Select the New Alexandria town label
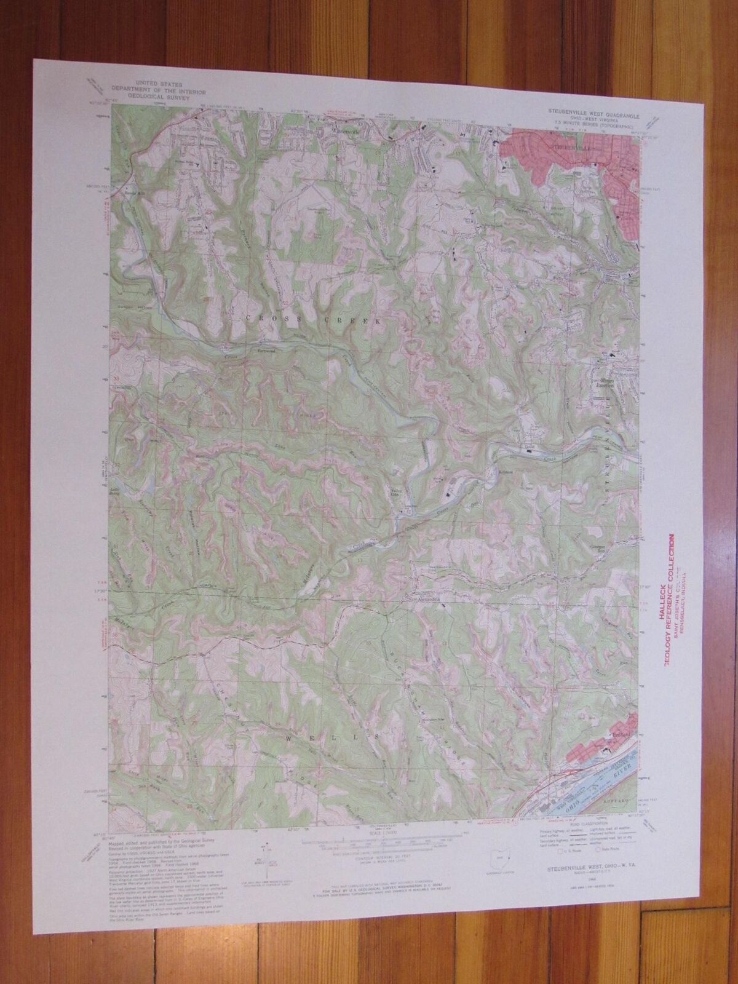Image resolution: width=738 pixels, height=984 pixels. tap(424, 596)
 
